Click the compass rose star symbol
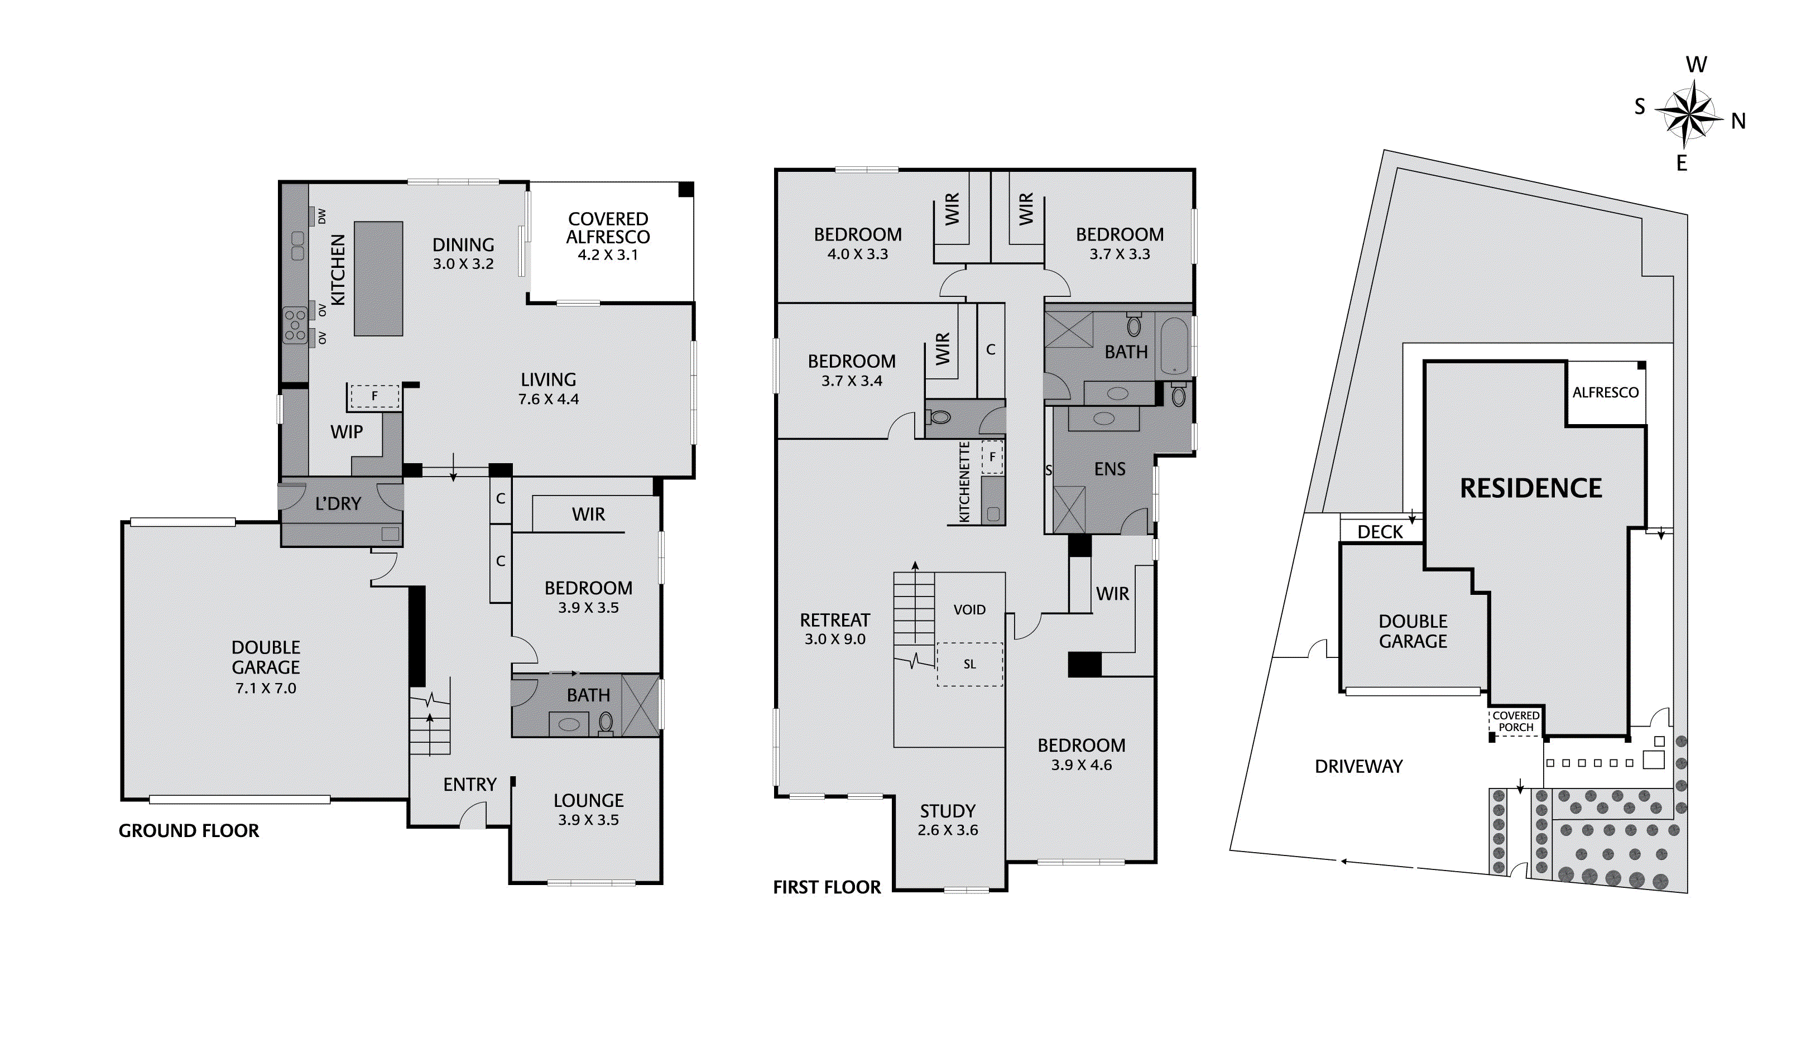(x=1690, y=113)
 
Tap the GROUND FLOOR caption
(x=189, y=831)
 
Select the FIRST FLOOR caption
(x=827, y=887)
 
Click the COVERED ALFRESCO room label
(x=608, y=228)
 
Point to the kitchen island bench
(x=378, y=278)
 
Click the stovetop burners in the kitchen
(x=295, y=325)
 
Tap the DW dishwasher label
(x=322, y=216)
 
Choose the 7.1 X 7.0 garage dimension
(x=266, y=688)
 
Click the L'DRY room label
(x=338, y=504)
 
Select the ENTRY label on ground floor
(x=469, y=785)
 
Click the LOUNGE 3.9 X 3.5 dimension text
(x=588, y=820)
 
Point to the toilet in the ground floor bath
(x=606, y=722)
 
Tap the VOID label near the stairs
(x=969, y=610)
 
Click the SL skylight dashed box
(x=969, y=665)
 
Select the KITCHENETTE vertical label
(x=964, y=482)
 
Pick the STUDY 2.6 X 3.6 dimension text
(x=948, y=830)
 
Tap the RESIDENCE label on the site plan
(x=1531, y=489)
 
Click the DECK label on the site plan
(x=1380, y=532)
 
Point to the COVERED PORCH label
(x=1516, y=721)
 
